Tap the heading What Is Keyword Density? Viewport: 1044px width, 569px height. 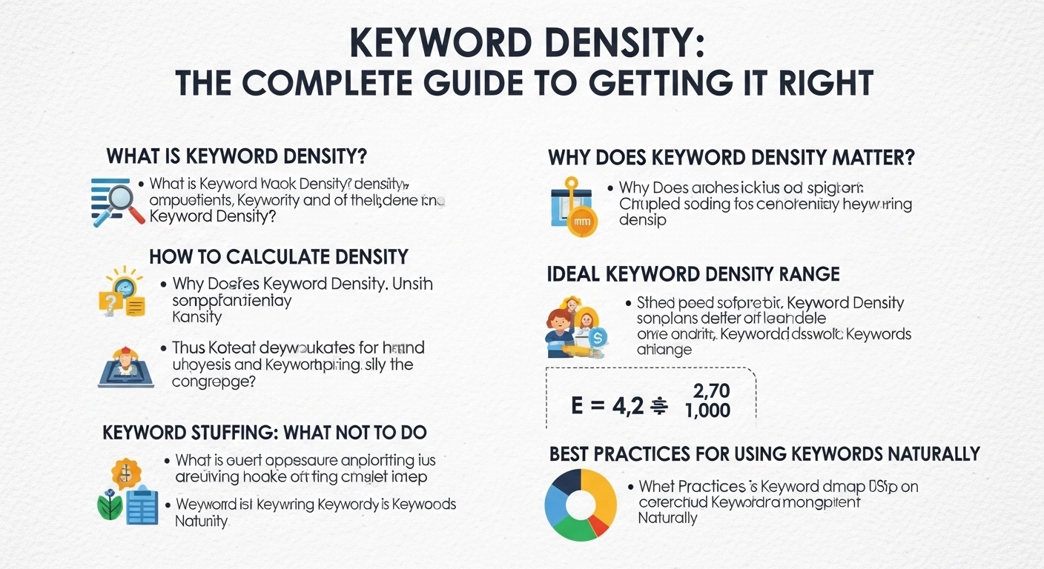237,157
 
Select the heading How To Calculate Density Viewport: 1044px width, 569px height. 279,257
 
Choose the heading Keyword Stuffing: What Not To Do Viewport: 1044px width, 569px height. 265,433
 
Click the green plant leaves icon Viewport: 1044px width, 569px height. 109,506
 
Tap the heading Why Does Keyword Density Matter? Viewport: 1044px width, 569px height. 730,158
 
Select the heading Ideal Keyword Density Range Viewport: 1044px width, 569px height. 693,274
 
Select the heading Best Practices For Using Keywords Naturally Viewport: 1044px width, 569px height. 764,453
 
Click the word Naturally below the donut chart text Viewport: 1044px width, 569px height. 667,518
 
